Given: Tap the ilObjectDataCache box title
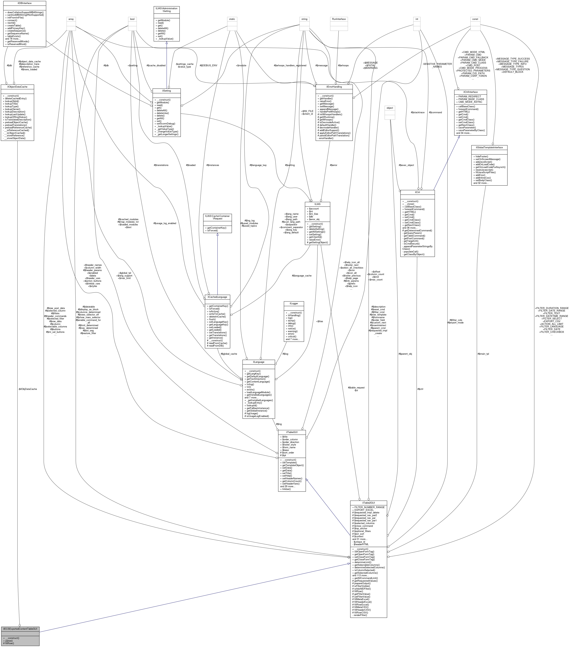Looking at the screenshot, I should coord(17,86).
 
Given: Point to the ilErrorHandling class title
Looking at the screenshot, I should coord(334,87).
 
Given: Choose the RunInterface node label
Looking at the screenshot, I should coord(339,19).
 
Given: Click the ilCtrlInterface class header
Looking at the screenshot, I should coord(470,92).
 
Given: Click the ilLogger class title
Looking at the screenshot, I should coord(294,303).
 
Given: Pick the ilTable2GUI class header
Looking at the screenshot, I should coord(368,503).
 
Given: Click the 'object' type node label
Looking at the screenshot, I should coord(390,108).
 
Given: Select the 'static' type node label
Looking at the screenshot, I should coord(232,19).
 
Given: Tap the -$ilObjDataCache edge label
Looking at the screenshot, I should coord(27,389).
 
